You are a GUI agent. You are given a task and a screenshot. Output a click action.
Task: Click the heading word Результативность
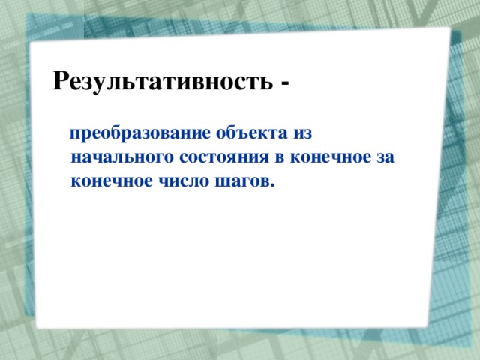tap(161, 79)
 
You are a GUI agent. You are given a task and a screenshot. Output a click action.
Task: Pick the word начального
tap(112, 158)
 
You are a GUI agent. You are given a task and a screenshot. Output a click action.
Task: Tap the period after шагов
tap(271, 185)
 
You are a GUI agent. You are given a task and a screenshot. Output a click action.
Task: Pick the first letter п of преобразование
tap(76, 136)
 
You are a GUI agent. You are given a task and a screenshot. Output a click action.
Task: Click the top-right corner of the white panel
tap(449, 29)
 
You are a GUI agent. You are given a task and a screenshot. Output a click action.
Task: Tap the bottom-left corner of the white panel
tap(37, 327)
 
